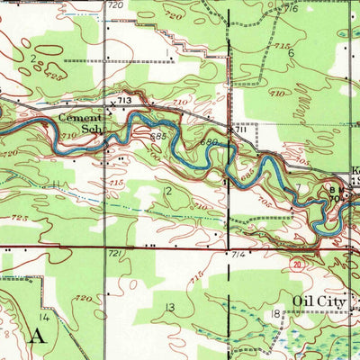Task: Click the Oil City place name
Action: pyautogui.click(x=320, y=302)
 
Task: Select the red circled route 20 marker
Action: pyautogui.click(x=297, y=263)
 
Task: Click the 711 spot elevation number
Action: pyautogui.click(x=241, y=132)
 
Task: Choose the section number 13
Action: pyautogui.click(x=169, y=307)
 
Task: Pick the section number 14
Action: pyautogui.click(x=42, y=317)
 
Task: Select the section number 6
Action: pyautogui.click(x=291, y=53)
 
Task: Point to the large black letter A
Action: pyautogui.click(x=37, y=337)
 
